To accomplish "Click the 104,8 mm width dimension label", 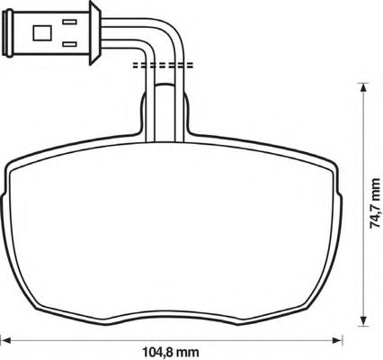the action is tap(170, 351).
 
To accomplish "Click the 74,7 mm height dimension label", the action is tap(376, 203).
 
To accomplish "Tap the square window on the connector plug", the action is tap(42, 33).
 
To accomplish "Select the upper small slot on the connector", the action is tap(69, 22).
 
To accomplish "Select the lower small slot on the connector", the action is tap(69, 44).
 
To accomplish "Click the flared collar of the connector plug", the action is tap(95, 33).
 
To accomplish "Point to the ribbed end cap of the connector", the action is tap(7, 33).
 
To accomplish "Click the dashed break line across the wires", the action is tap(163, 66).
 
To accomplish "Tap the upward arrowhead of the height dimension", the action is tap(363, 87).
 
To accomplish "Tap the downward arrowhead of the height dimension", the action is tap(363, 320).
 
